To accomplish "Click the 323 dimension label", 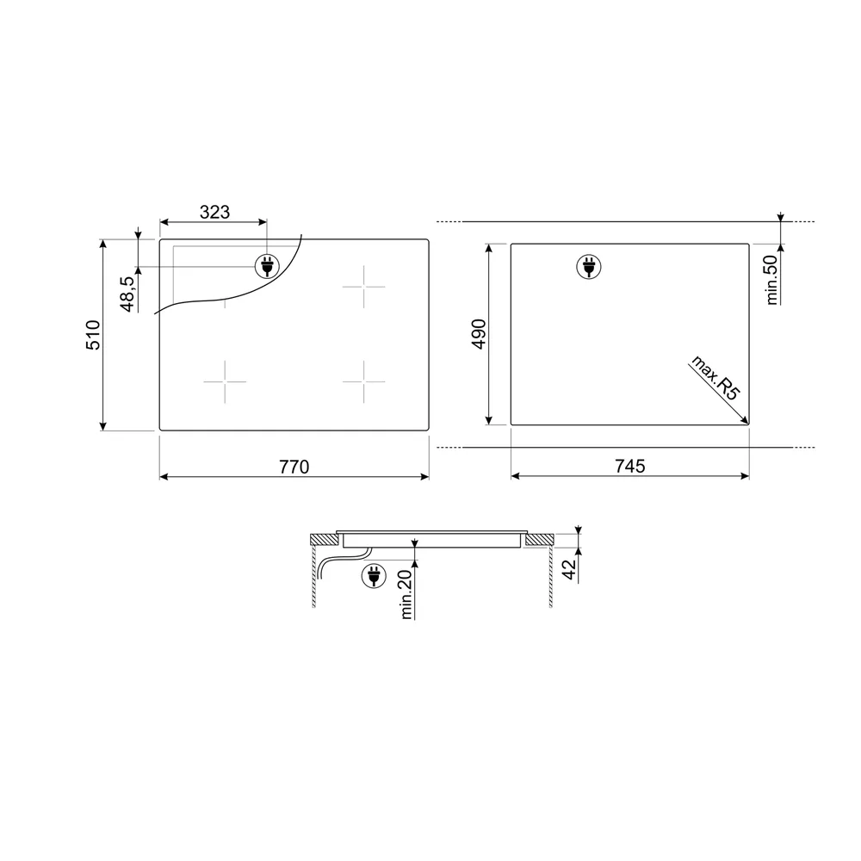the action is pos(214,212).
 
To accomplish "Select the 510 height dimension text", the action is pos(93,335).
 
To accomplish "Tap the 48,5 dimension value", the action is pos(127,294).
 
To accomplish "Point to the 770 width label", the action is pos(294,467).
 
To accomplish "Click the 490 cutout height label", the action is pos(479,334).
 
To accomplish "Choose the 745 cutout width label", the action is pos(630,466).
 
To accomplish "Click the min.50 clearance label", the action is pos(772,280).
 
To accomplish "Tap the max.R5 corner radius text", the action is pos(715,378).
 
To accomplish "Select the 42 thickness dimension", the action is pos(570,569).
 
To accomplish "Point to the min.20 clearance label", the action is pos(406,595).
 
